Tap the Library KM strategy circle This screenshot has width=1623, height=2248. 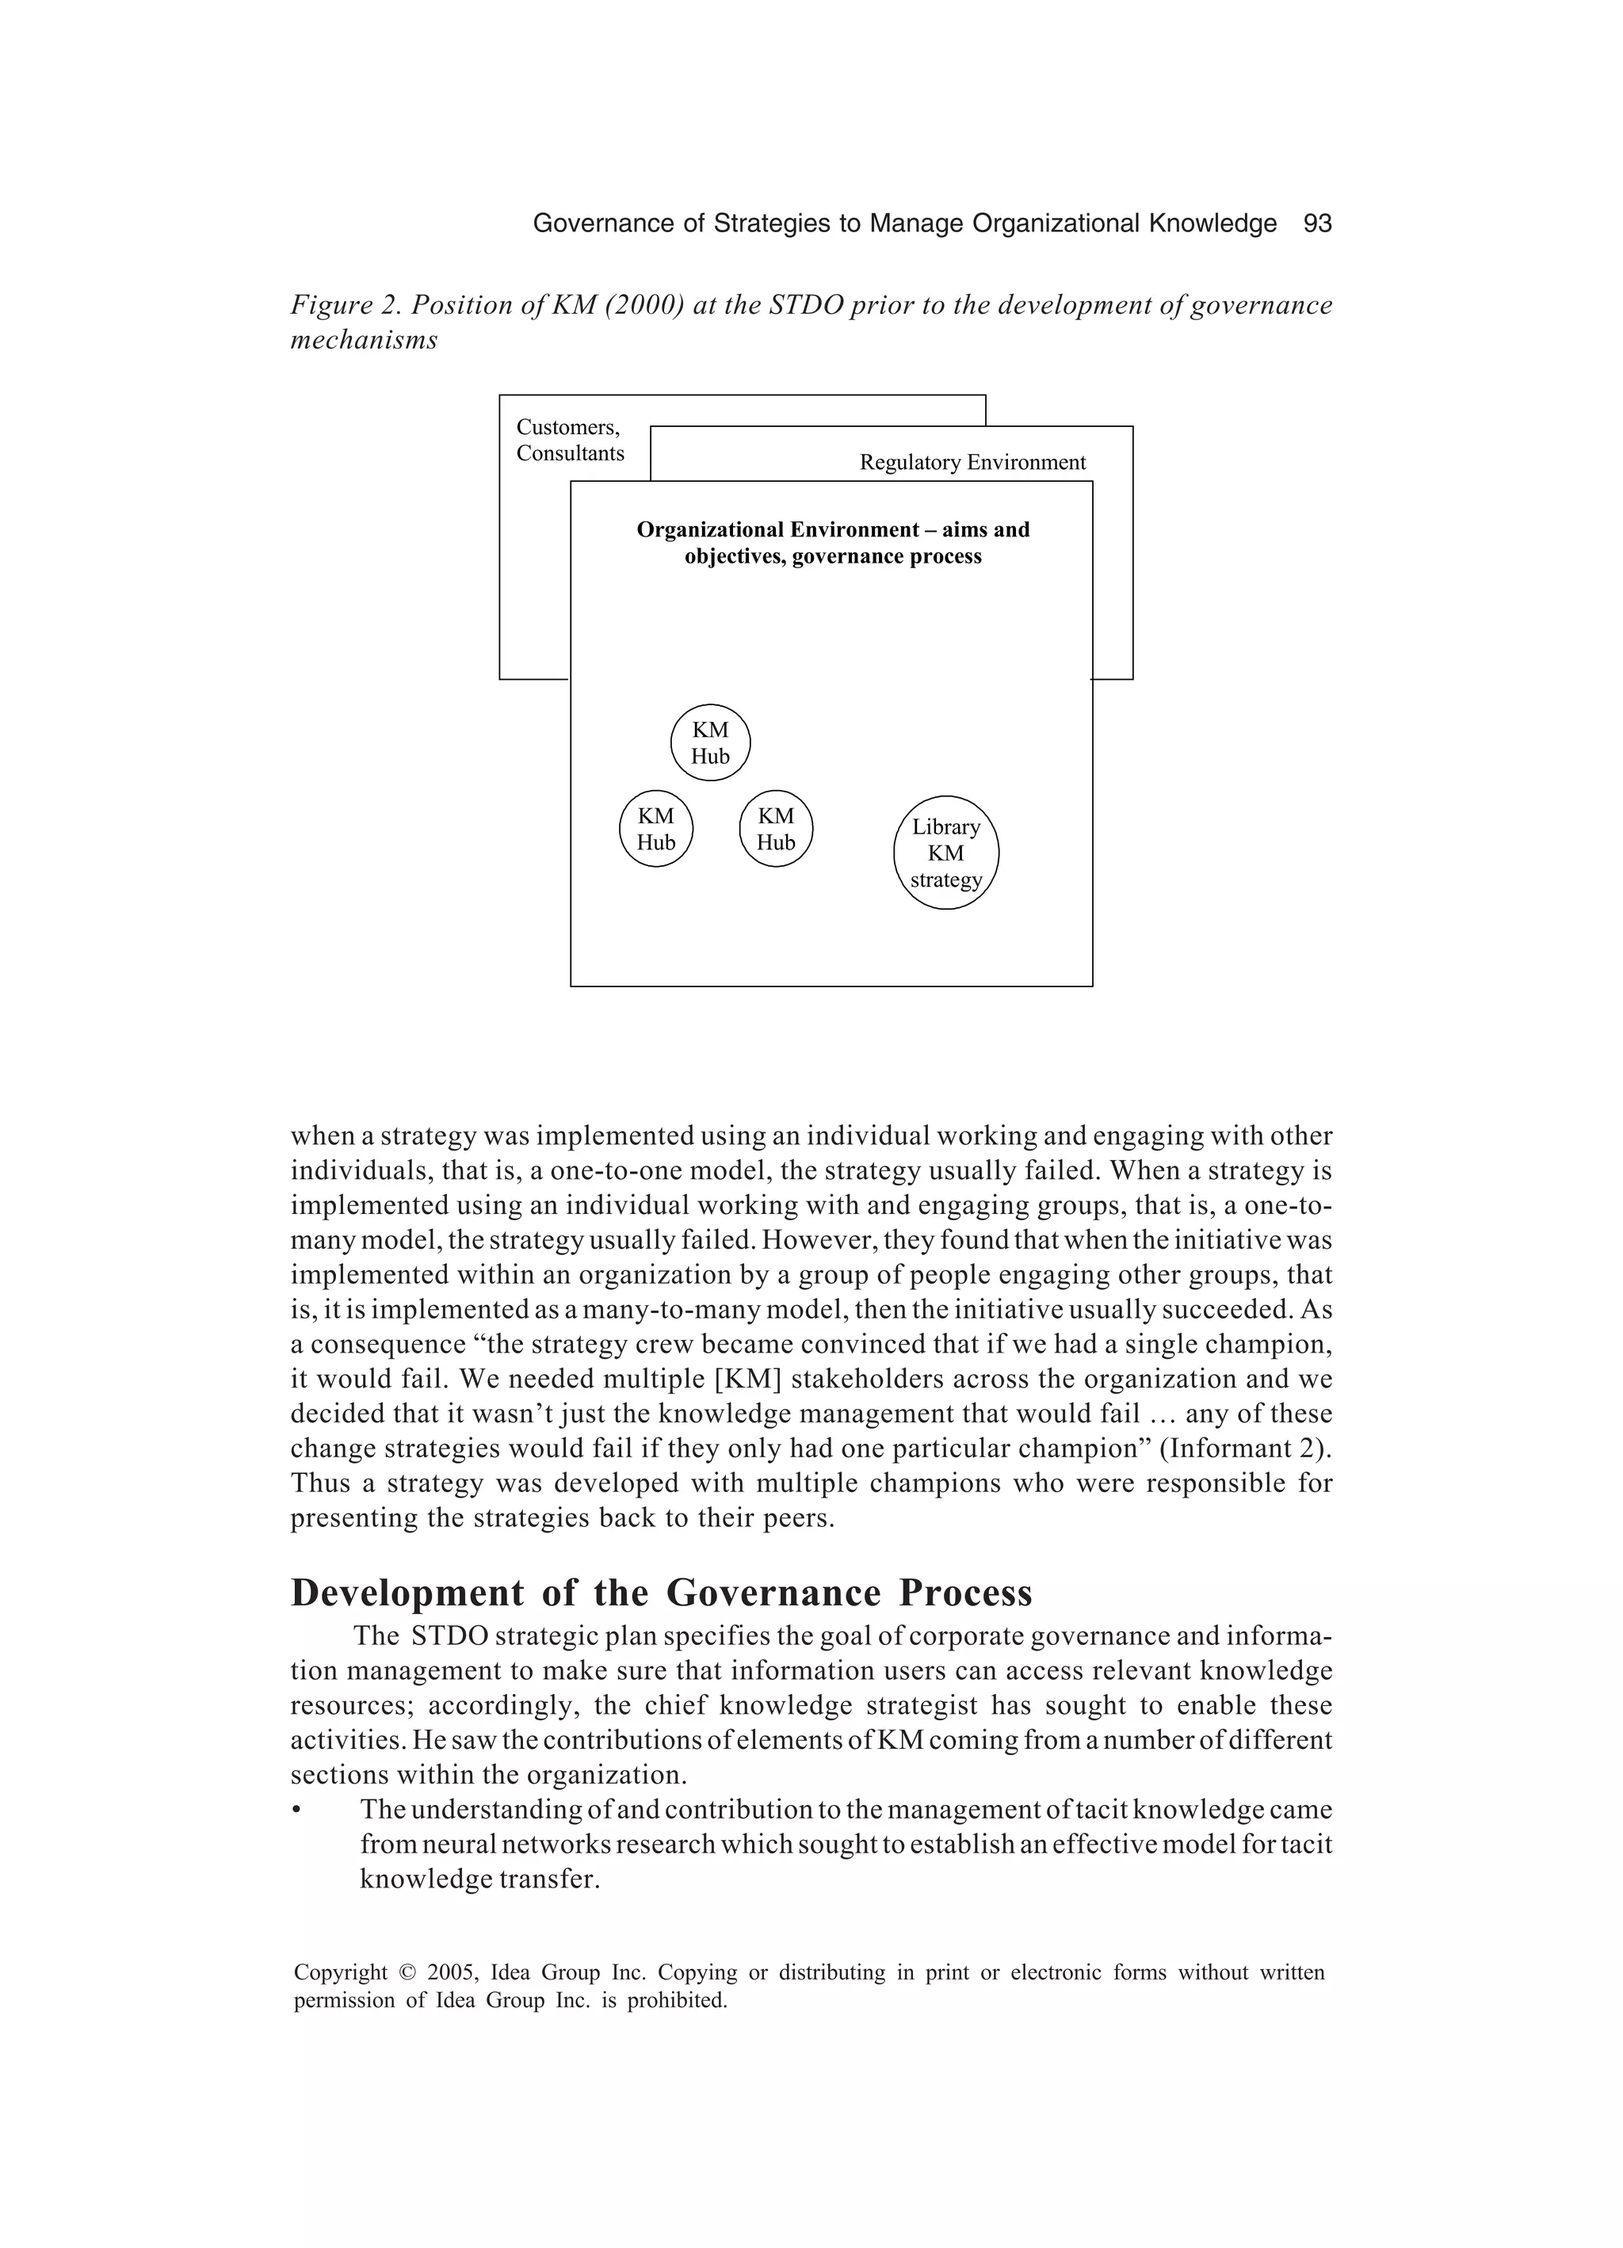click(946, 853)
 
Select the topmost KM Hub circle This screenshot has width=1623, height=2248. click(710, 743)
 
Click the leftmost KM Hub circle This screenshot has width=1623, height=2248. click(655, 830)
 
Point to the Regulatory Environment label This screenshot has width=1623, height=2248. click(972, 463)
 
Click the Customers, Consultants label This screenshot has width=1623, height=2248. click(570, 440)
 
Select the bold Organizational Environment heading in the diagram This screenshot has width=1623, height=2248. click(833, 543)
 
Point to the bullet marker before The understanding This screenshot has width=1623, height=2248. click(296, 1811)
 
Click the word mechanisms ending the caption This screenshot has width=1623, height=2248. click(364, 341)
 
